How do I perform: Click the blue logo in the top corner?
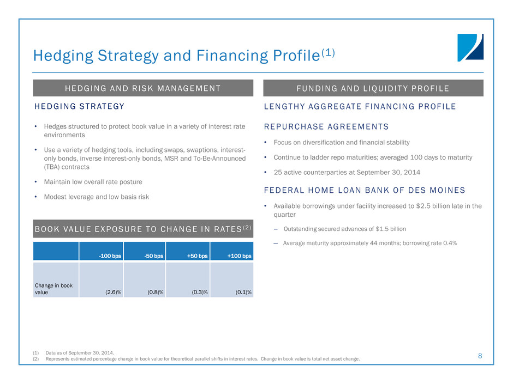(470, 47)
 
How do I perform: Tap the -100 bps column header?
(110, 255)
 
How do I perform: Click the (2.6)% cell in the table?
(113, 292)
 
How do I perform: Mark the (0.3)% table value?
(200, 292)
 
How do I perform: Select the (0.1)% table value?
(243, 292)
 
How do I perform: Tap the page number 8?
(480, 356)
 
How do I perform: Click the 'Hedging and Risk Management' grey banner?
(143, 88)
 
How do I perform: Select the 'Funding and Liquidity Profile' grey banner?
(373, 88)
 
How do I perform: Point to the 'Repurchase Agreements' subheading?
(326, 127)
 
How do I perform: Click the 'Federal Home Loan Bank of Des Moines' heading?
(364, 190)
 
